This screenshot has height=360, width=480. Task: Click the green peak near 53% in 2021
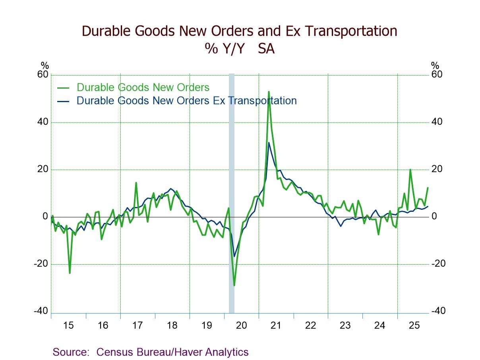click(269, 92)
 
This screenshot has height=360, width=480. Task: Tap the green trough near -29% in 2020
click(234, 285)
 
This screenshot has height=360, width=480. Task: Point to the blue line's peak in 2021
click(269, 143)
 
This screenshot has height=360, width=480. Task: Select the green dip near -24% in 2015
click(70, 273)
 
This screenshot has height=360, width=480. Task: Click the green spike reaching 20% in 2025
click(410, 170)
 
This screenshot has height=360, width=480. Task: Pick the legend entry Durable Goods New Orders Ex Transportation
click(186, 101)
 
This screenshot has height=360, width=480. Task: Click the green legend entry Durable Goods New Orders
click(143, 87)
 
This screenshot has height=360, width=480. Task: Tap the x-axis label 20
click(241, 325)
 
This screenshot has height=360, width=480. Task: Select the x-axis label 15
click(68, 325)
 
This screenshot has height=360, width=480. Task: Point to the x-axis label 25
click(414, 325)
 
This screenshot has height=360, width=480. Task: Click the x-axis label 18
click(172, 325)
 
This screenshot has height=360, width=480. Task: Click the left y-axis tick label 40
click(43, 122)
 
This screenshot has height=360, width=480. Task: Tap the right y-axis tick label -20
click(438, 264)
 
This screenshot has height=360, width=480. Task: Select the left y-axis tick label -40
click(41, 311)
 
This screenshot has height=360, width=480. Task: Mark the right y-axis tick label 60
click(437, 75)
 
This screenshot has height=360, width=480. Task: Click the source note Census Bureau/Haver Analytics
click(172, 352)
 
